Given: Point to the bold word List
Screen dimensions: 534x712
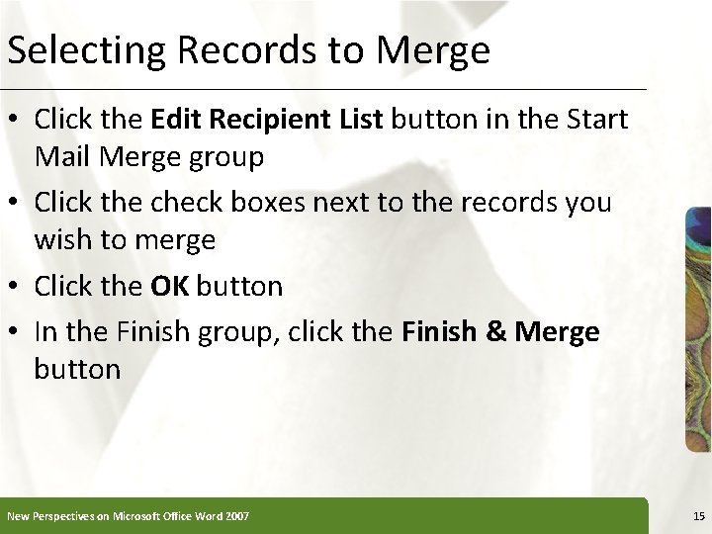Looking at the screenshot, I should [x=364, y=121].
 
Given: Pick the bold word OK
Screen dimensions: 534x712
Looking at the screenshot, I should [x=171, y=287].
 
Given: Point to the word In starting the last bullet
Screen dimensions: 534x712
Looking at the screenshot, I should [x=45, y=331].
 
